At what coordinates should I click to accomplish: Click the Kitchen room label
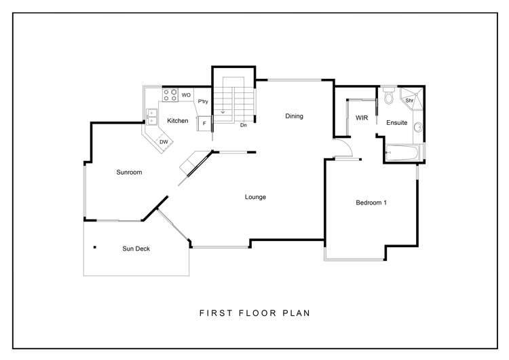point(178,121)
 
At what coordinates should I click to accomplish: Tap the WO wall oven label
point(186,96)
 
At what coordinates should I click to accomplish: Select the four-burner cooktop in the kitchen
point(170,95)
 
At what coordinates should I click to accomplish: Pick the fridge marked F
point(204,123)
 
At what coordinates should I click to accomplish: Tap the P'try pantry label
point(202,102)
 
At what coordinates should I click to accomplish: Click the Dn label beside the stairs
point(243,125)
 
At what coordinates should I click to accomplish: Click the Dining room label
point(294,116)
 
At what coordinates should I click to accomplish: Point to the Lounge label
point(255,197)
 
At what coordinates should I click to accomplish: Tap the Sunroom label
point(129,173)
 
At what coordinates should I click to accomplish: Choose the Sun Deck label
point(136,249)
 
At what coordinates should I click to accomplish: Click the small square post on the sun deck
point(95,247)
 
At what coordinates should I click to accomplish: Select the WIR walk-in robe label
point(361,118)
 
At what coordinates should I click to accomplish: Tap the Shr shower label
point(409,101)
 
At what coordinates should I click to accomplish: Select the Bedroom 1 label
point(371,202)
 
